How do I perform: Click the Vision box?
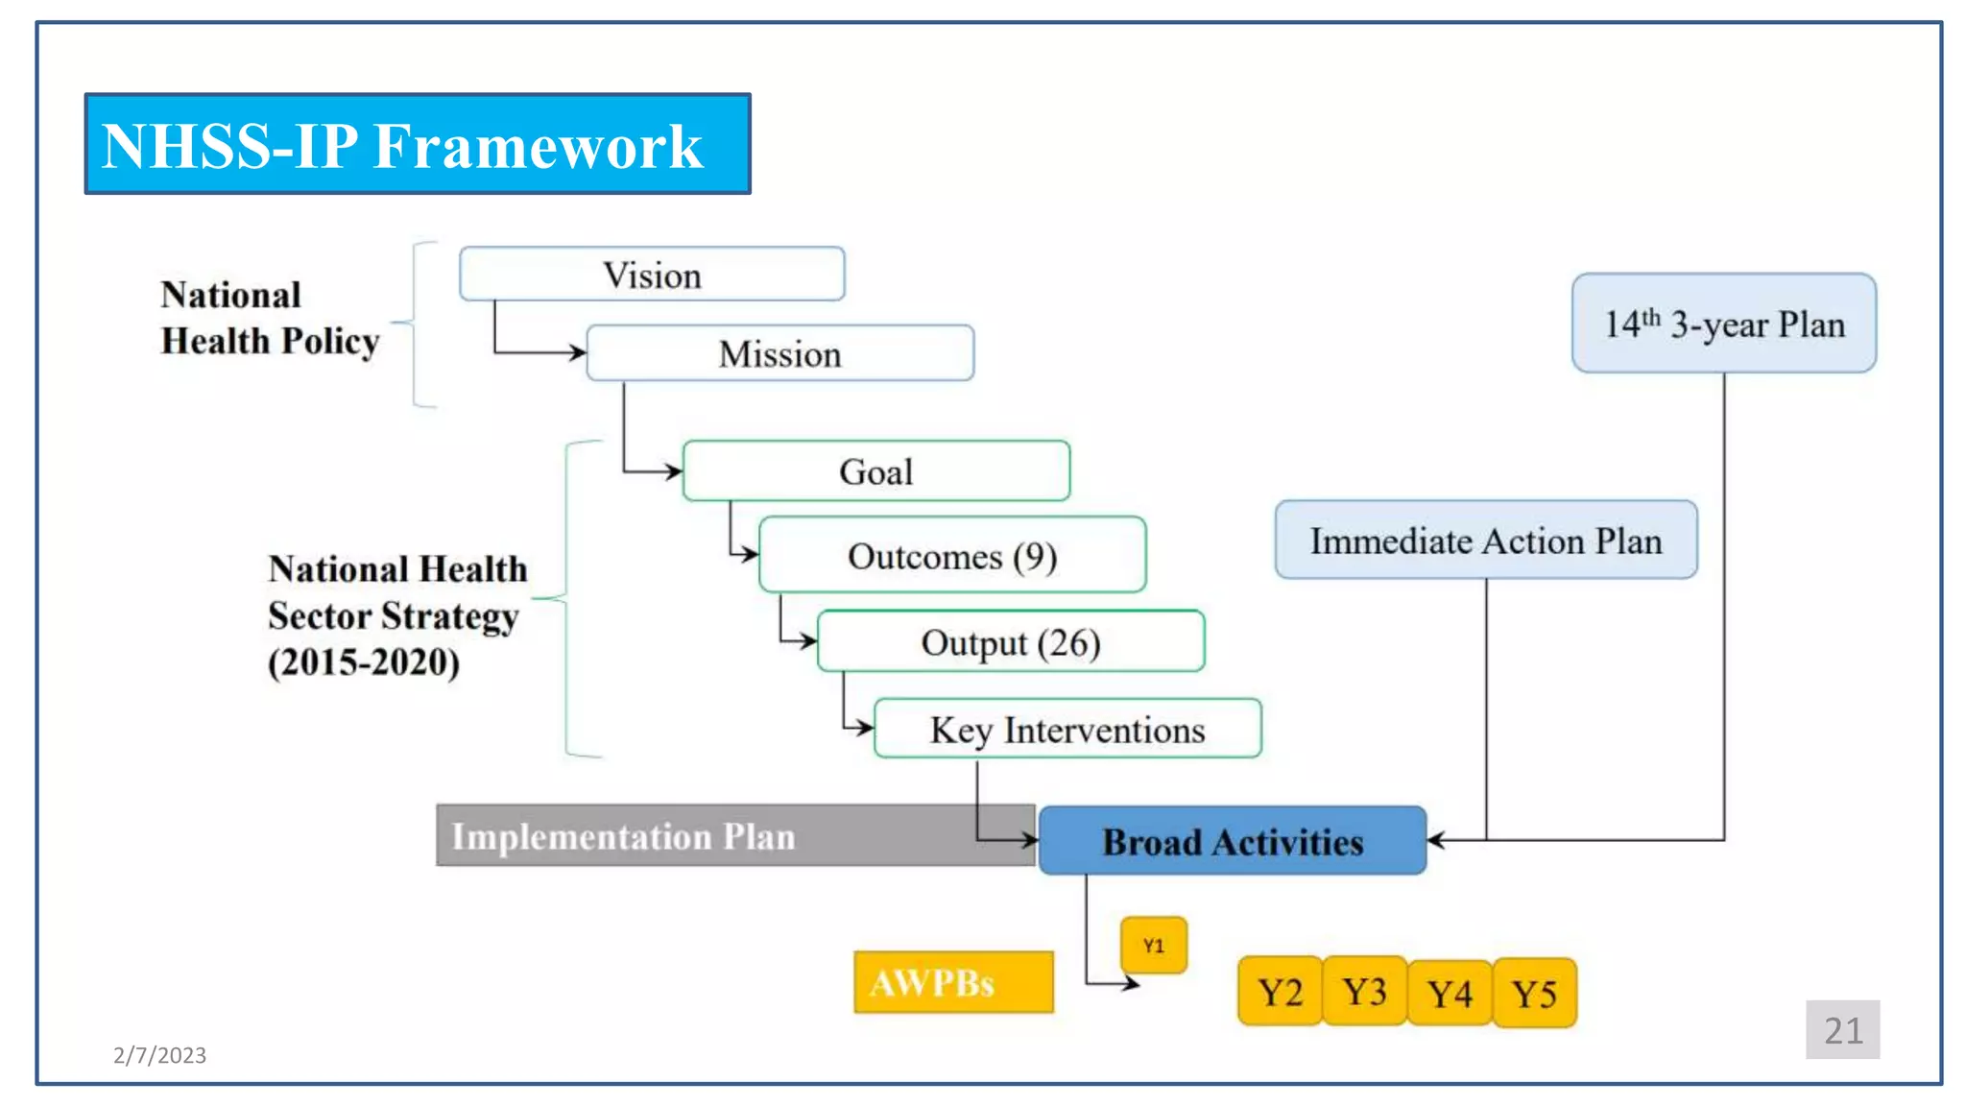(652, 275)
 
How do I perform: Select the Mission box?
(779, 353)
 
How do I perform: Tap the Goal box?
(875, 471)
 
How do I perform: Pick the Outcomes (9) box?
(951, 556)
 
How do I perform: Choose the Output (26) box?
(1010, 641)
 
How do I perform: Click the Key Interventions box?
(1067, 730)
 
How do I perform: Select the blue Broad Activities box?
(1232, 841)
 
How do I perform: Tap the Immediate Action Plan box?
(1485, 541)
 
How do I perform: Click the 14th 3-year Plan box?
(1723, 324)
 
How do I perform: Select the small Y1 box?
(1153, 946)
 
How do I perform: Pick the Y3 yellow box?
(1363, 992)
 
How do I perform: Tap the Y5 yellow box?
(1534, 993)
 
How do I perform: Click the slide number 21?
(1841, 1030)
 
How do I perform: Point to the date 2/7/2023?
(159, 1055)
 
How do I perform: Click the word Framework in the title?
(538, 146)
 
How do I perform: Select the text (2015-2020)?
(363, 662)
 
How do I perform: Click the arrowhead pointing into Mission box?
(578, 353)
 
